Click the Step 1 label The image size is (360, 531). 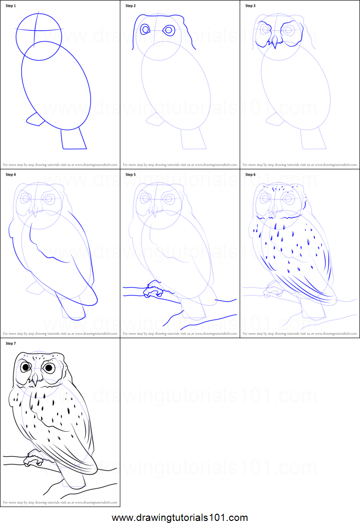pyautogui.click(x=11, y=6)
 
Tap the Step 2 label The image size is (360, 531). pyautogui.click(x=131, y=6)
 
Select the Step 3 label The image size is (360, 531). pyautogui.click(x=251, y=6)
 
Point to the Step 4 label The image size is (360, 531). pyautogui.click(x=11, y=175)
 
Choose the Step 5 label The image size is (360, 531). pyautogui.click(x=131, y=175)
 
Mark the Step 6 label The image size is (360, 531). pyautogui.click(x=251, y=175)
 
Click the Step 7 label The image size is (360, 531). pyautogui.click(x=11, y=343)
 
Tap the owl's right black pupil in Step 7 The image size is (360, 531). pyautogui.click(x=48, y=368)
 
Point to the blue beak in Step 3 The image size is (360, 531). pyautogui.click(x=275, y=45)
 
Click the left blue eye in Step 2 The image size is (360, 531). pyautogui.click(x=145, y=30)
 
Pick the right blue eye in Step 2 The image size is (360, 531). pyautogui.click(x=168, y=30)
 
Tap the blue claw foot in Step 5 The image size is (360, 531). pyautogui.click(x=153, y=290)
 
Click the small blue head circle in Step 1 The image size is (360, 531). pyautogui.click(x=39, y=36)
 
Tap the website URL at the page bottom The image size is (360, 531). pyautogui.click(x=180, y=518)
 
